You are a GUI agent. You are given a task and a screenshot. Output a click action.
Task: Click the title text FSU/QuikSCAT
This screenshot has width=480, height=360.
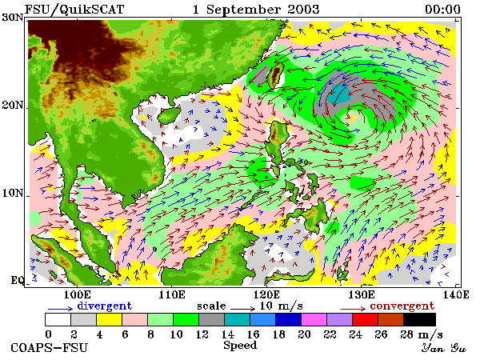tap(74, 10)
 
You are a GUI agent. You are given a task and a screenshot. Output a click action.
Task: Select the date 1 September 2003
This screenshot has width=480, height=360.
tap(256, 10)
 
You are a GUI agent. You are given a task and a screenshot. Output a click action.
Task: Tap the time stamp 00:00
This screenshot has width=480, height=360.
tap(442, 10)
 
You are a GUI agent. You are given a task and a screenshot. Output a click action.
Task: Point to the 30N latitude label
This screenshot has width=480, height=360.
tap(13, 18)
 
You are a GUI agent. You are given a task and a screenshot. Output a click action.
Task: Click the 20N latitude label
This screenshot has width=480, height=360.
tap(13, 106)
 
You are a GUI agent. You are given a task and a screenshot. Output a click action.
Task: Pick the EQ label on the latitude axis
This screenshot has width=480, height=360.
tap(18, 280)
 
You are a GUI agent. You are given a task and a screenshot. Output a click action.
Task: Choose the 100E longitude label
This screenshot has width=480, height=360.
tap(77, 294)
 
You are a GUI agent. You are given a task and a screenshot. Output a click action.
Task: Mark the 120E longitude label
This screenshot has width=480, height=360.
tap(266, 294)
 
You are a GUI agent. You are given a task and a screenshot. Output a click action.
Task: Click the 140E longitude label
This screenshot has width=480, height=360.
tap(456, 294)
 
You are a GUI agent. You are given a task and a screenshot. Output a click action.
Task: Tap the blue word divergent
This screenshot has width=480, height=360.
tap(104, 306)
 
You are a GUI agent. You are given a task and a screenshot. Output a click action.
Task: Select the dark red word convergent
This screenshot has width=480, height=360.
tap(402, 306)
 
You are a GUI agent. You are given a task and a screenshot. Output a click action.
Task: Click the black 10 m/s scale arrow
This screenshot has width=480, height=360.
tap(242, 308)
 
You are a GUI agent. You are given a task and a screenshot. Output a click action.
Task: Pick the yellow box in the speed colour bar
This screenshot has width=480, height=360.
tap(109, 319)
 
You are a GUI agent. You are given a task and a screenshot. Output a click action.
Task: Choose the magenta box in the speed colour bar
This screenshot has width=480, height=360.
tap(314, 319)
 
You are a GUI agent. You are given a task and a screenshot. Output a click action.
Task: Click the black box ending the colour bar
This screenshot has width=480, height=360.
tap(419, 319)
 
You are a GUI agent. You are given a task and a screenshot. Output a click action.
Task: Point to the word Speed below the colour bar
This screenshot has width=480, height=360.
tap(240, 346)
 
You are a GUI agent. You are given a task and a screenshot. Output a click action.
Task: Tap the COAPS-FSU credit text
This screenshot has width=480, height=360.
tap(50, 348)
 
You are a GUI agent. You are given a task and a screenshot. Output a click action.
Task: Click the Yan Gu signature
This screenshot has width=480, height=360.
tap(443, 348)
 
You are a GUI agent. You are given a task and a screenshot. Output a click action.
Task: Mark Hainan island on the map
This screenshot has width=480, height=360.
tap(169, 115)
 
